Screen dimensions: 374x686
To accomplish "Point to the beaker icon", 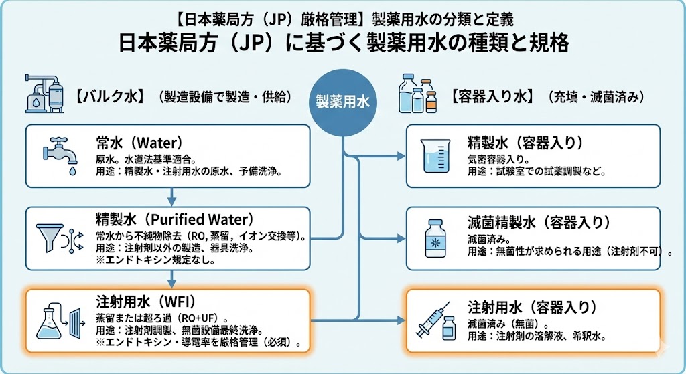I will click(x=433, y=156).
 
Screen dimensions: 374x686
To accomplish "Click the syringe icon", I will click(x=433, y=320).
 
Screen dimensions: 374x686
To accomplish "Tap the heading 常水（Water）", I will click(x=139, y=143).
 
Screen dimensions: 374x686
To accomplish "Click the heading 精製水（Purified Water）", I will click(x=175, y=220).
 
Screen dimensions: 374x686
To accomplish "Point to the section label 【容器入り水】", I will click(x=492, y=97).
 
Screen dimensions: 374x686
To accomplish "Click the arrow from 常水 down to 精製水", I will click(x=172, y=197).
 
